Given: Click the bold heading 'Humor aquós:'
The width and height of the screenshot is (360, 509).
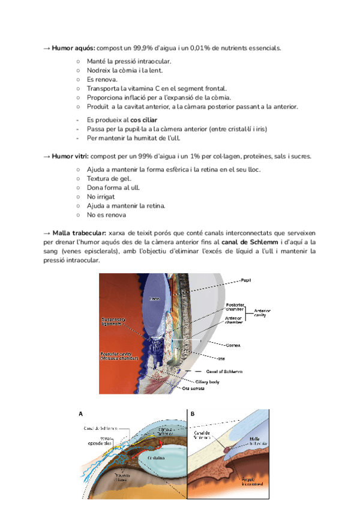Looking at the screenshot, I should pyautogui.click(x=74, y=47).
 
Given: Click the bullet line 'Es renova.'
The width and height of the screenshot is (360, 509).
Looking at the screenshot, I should pyautogui.click(x=101, y=79).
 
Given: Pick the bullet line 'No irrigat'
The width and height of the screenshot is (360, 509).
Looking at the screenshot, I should pyautogui.click(x=101, y=196).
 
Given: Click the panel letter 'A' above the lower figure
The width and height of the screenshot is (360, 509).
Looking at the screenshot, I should pyautogui.click(x=81, y=414).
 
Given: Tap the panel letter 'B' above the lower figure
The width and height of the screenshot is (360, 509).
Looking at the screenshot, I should pyautogui.click(x=193, y=414).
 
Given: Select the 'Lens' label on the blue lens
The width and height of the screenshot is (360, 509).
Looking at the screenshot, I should pyautogui.click(x=155, y=298).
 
